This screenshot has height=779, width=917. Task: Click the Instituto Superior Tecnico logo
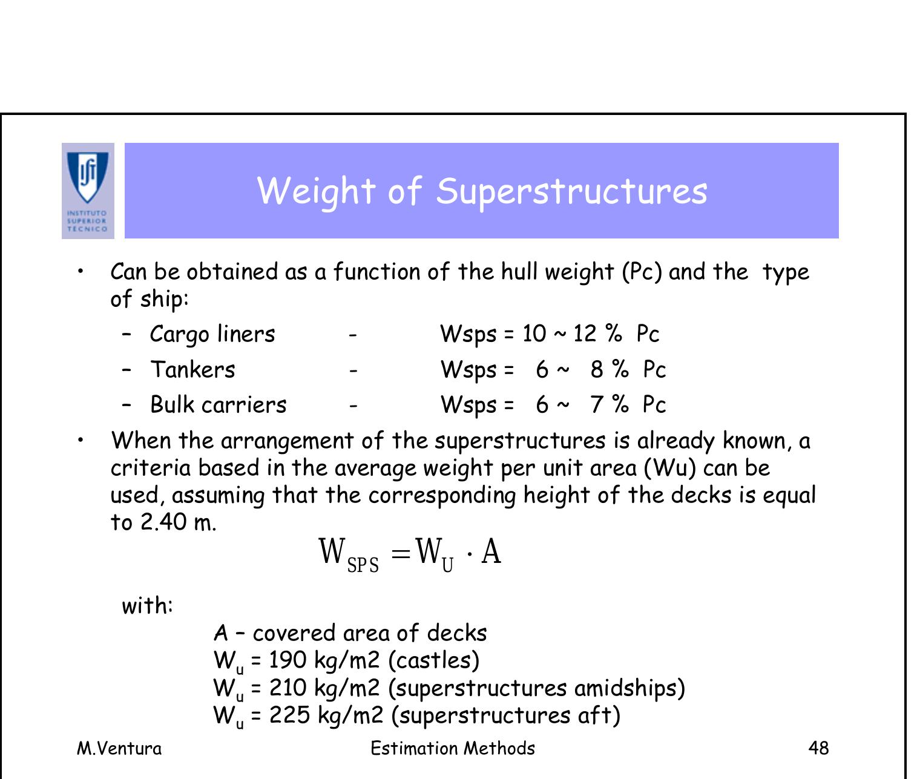coord(88,191)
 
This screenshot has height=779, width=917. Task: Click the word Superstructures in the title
coord(571,191)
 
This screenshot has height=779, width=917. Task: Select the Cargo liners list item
coord(212,334)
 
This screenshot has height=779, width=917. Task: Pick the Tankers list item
coord(192,369)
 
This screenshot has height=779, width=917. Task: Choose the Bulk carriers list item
coord(218,404)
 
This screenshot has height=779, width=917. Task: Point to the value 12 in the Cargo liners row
coord(585,334)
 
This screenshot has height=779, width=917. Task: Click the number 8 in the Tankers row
coord(597,369)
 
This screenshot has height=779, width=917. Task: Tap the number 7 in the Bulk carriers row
coord(597,404)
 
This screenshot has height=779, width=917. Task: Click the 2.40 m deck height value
coord(177,522)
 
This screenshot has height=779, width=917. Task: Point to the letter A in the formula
coord(491,551)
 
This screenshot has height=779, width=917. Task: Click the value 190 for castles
coord(288,660)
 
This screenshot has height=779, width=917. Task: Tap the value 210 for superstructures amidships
coord(288,688)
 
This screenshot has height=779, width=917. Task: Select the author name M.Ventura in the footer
coord(119,748)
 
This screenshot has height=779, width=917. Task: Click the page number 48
coord(818,748)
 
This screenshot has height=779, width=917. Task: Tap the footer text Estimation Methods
coord(453,748)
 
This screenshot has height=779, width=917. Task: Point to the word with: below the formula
coord(147,605)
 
